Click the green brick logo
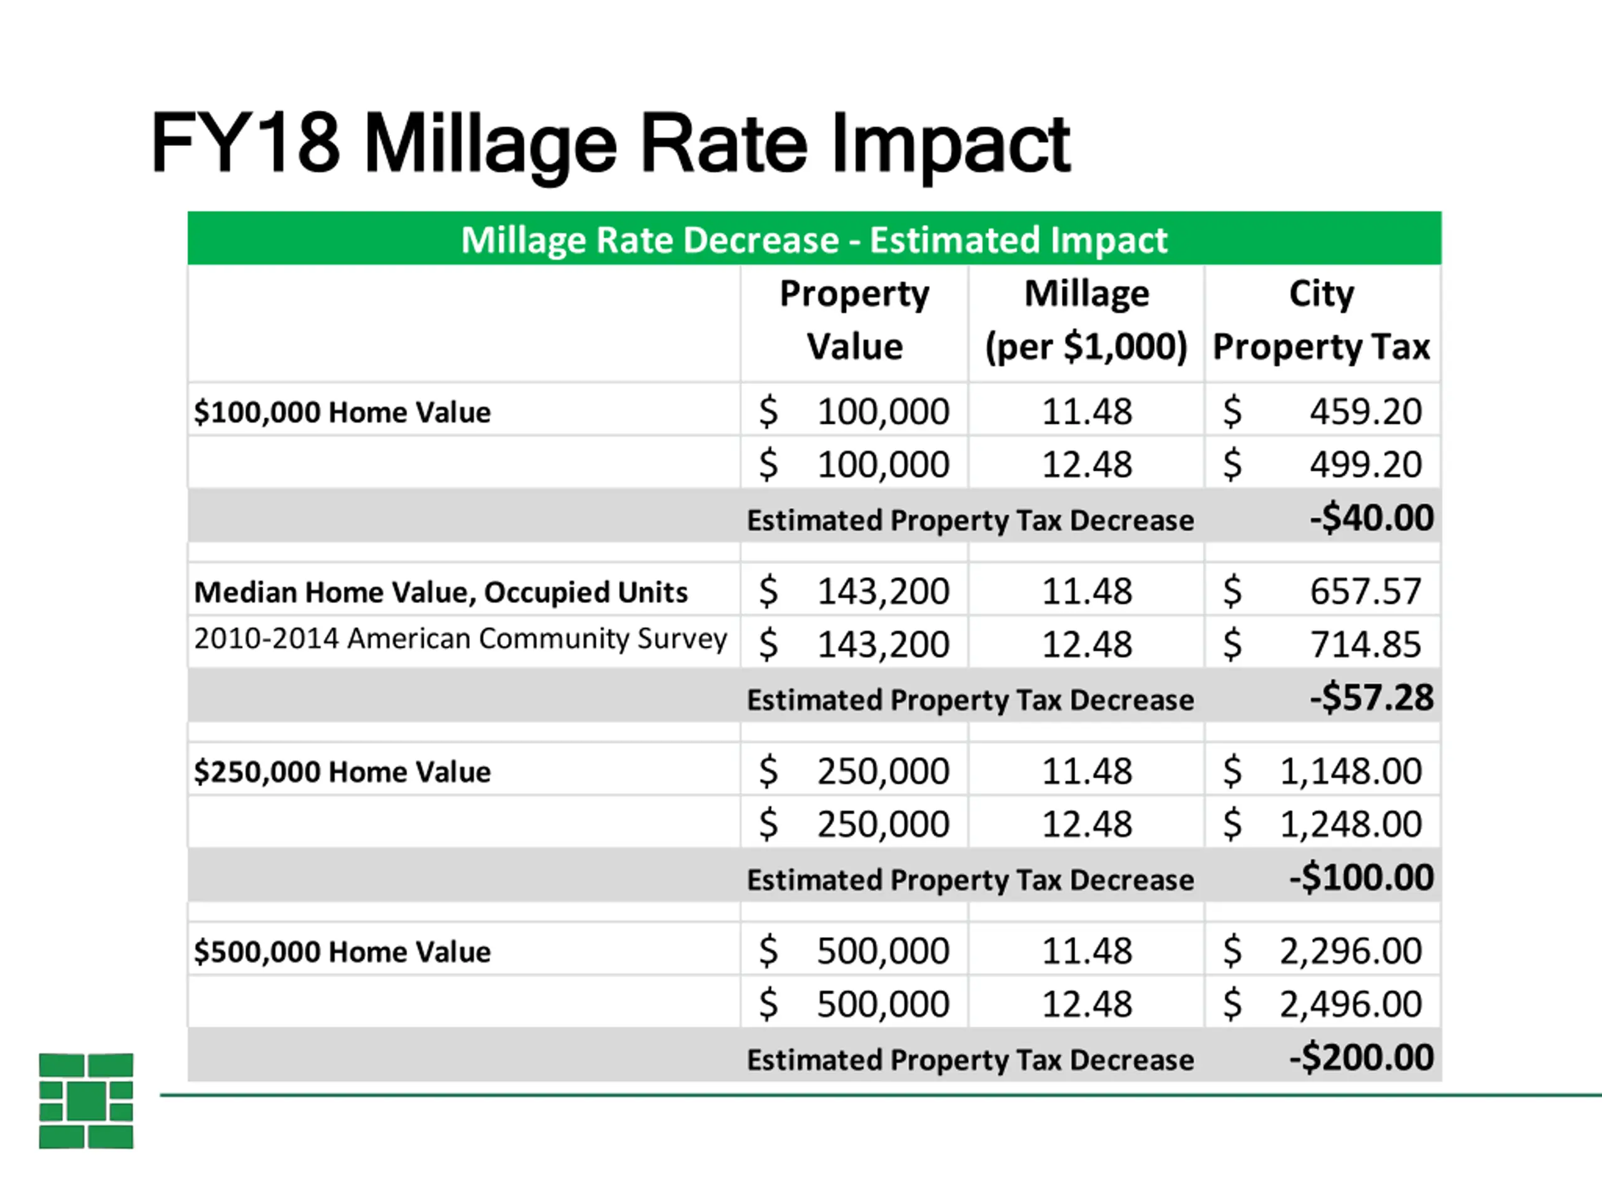pyautogui.click(x=86, y=1101)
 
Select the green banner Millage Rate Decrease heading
pyautogui.click(x=814, y=240)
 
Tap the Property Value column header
pyautogui.click(x=855, y=321)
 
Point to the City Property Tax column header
pyautogui.click(x=1321, y=321)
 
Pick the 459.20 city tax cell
pyautogui.click(x=1365, y=411)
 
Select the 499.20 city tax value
pyautogui.click(x=1365, y=465)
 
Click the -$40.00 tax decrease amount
pyautogui.click(x=1372, y=518)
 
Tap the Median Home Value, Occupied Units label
pyautogui.click(x=441, y=592)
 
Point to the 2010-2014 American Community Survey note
pyautogui.click(x=461, y=639)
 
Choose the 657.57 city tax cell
pyautogui.click(x=1365, y=591)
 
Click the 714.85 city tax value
pyautogui.click(x=1365, y=644)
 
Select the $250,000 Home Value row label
pyautogui.click(x=342, y=772)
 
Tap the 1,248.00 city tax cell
pyautogui.click(x=1350, y=824)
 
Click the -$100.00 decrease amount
pyautogui.click(x=1362, y=878)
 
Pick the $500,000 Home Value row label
pyautogui.click(x=342, y=952)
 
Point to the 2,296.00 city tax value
pyautogui.click(x=1350, y=950)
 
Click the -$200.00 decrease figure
pyautogui.click(x=1362, y=1058)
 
